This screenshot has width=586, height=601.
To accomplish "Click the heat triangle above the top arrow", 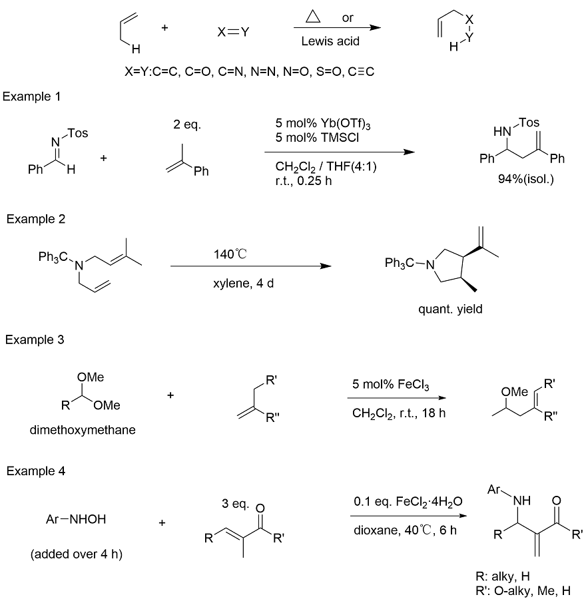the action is pos(313,17).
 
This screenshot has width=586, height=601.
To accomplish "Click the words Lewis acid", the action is pos(330,41).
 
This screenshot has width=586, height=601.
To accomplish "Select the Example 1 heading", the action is pos(31,97).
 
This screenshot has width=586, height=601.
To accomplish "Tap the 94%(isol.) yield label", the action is pos(526,179).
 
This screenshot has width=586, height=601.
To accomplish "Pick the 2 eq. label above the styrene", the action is pos(187,124).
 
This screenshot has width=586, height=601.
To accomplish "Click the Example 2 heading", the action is pos(36,219).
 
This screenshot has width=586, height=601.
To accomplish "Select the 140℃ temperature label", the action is pos(230,254).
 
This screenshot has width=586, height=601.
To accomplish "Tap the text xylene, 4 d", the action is pos(244,284).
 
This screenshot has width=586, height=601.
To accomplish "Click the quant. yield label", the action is pos(450,309).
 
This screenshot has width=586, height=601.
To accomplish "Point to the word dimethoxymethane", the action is pos(83,430).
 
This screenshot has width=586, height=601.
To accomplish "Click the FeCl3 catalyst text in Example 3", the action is pos(413,385).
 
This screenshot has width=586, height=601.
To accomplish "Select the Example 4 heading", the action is pos(36,471).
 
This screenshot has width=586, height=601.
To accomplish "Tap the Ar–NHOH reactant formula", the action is pos(76,519).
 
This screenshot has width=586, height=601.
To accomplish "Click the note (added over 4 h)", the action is pos(77,554).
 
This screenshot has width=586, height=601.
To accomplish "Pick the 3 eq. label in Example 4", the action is pos(235,504).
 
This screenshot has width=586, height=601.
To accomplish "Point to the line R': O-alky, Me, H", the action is pos(523,590).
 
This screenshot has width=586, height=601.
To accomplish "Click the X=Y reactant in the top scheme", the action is pos(234,32).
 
